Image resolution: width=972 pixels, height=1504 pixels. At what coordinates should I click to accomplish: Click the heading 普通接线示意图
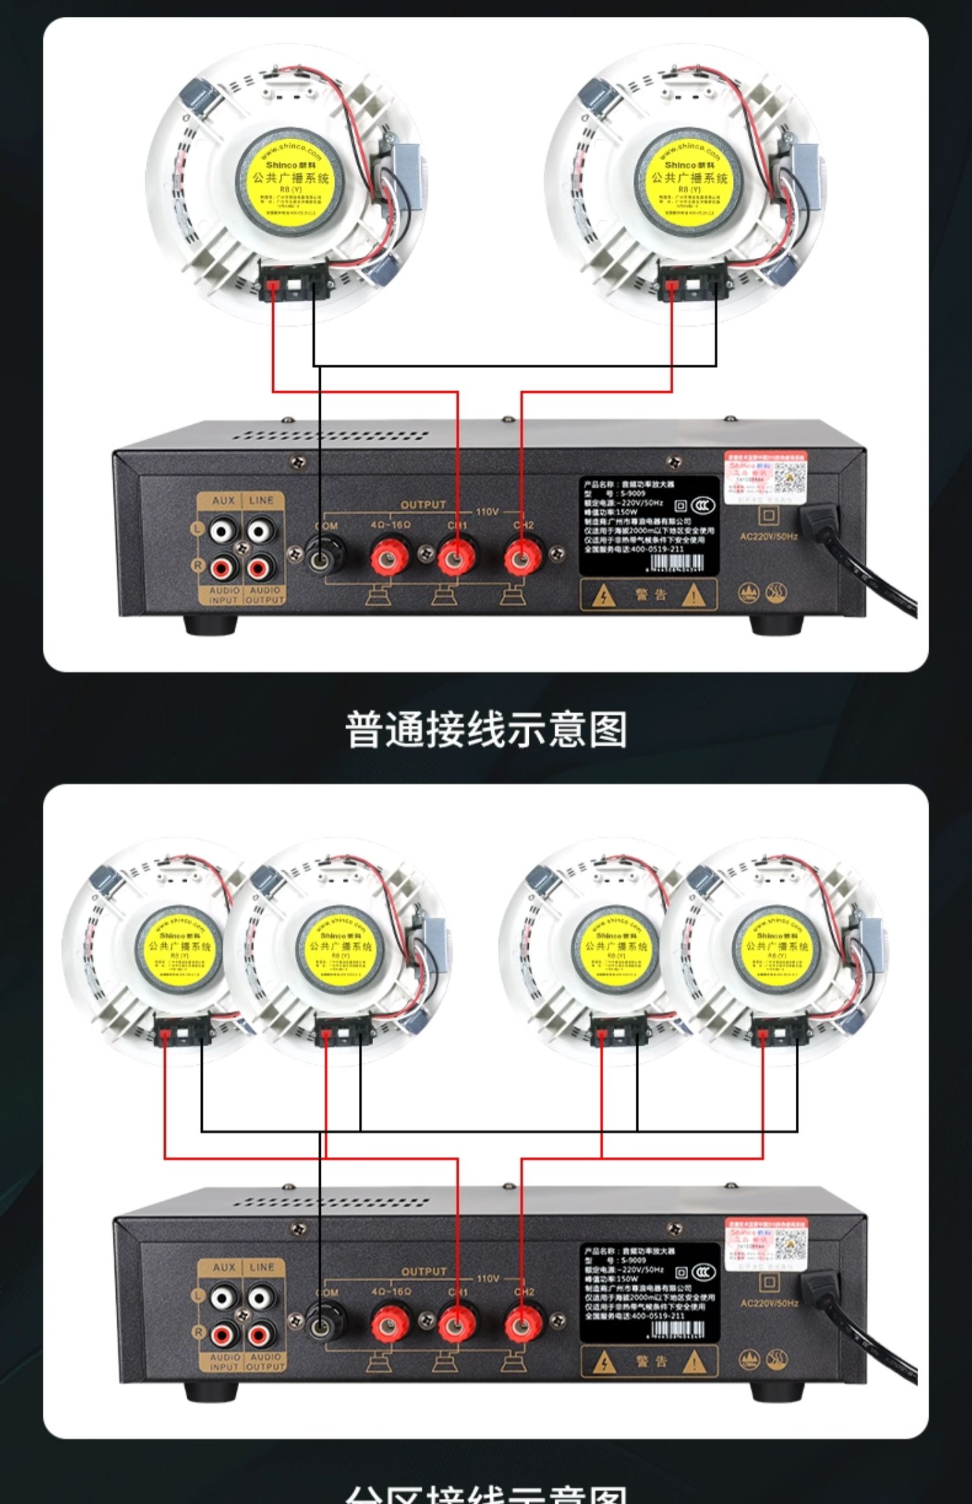click(485, 729)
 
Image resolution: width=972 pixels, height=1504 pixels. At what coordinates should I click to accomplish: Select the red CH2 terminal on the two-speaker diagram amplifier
click(522, 556)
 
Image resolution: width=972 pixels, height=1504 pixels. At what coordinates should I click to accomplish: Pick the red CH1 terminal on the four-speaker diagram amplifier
click(457, 1323)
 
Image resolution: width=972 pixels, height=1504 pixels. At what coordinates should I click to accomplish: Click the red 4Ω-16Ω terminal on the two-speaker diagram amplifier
click(389, 556)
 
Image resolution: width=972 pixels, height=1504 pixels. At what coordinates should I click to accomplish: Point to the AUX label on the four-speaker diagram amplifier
click(224, 1267)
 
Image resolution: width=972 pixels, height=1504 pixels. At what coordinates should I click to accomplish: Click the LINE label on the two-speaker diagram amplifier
click(261, 500)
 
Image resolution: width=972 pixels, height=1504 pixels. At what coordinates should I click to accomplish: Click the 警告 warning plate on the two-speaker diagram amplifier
click(649, 594)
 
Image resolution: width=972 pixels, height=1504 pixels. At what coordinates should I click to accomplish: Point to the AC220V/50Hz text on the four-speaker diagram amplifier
click(769, 1303)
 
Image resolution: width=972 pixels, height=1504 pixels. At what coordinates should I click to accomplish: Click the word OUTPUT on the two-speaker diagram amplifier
click(423, 505)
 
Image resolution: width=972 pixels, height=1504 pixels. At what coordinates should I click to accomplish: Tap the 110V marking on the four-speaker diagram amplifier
click(487, 1279)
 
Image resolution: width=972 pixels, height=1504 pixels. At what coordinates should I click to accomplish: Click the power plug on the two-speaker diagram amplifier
click(820, 521)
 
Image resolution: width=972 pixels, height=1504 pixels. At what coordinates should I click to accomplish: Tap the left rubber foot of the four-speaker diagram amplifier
click(210, 1391)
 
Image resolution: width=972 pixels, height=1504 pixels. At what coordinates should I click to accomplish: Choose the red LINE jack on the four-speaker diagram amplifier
click(259, 1334)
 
